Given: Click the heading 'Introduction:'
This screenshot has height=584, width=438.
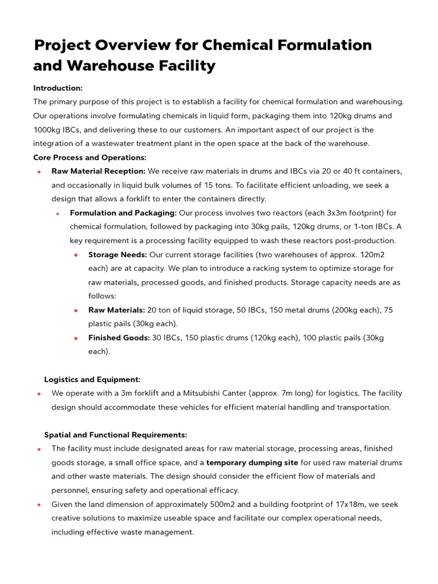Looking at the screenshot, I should click(x=58, y=88).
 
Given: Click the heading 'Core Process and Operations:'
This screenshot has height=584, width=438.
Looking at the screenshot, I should click(x=90, y=157).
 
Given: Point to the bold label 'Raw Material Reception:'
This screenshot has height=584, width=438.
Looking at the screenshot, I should click(x=98, y=171).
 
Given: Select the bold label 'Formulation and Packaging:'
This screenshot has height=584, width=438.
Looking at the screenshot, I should click(x=123, y=213).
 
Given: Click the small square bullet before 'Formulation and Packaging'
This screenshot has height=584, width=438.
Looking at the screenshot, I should click(x=58, y=213).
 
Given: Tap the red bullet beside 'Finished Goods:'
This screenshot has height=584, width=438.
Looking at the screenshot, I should click(x=76, y=338).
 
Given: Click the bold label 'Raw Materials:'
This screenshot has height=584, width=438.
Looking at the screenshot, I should click(x=116, y=310).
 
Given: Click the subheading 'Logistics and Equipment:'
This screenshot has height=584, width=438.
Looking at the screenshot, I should click(x=92, y=379).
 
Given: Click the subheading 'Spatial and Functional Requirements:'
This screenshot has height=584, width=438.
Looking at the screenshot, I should click(x=115, y=435).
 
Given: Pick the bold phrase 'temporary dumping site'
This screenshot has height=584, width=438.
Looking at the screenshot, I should click(x=252, y=463).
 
